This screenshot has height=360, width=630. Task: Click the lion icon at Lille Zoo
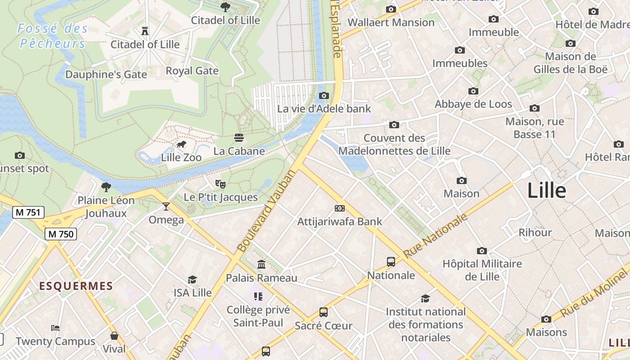(x=181, y=144)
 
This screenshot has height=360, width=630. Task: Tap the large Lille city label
(x=546, y=190)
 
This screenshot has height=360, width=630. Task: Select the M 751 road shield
(x=28, y=212)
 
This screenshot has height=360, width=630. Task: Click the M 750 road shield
(x=61, y=234)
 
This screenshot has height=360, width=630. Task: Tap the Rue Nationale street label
(x=435, y=236)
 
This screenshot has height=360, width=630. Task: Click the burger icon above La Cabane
(x=239, y=137)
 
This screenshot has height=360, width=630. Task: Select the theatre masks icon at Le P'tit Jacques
(x=220, y=184)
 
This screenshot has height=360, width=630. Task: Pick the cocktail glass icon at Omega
(x=166, y=207)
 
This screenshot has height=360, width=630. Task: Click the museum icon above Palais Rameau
(x=261, y=264)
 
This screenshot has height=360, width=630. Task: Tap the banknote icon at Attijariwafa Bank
(x=340, y=208)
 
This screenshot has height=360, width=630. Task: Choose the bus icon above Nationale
(x=391, y=261)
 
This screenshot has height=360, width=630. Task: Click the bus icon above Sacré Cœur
(x=324, y=312)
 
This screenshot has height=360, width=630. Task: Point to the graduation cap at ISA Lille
(x=193, y=279)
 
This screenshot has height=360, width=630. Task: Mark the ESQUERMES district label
(x=76, y=286)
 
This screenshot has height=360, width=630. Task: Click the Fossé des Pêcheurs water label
(x=53, y=36)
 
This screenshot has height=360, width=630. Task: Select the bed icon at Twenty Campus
(x=55, y=328)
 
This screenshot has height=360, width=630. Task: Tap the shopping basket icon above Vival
(x=114, y=336)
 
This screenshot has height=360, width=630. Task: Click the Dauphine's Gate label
(x=106, y=74)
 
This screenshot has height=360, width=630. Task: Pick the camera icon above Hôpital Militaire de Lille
(x=482, y=251)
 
